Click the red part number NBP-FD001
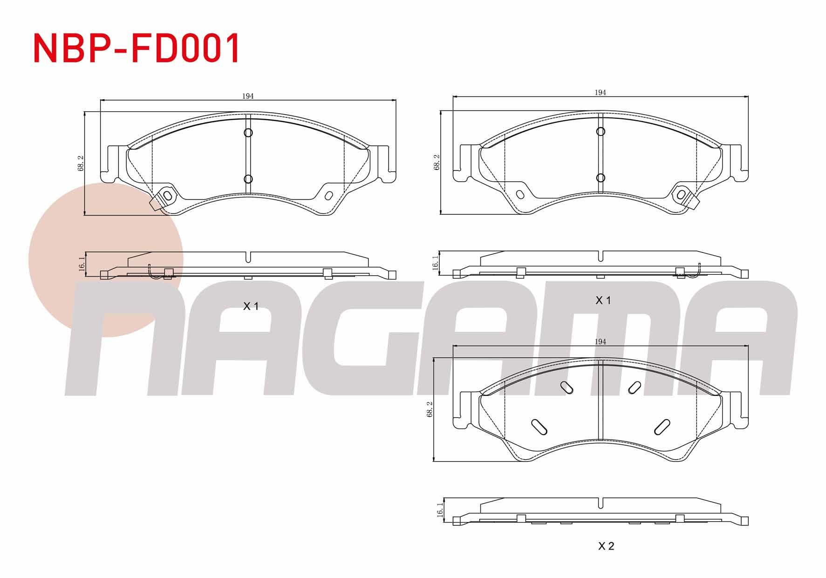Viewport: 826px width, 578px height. coord(137,48)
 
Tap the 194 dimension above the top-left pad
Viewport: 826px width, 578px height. coord(248,96)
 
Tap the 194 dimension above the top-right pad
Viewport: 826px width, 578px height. coord(600,93)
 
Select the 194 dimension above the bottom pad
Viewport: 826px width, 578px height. coord(600,342)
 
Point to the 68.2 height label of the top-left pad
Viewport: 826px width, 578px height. coord(81,163)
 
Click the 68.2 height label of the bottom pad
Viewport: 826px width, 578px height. coord(430,409)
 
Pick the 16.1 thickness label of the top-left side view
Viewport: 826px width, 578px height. coord(82,264)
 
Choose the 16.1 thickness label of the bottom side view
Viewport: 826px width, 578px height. coord(439,510)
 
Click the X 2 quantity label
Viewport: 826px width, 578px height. coord(606,546)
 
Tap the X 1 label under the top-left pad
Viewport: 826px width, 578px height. coord(251,306)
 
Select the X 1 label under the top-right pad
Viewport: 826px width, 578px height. coord(603,300)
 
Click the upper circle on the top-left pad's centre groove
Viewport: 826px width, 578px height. coord(248,133)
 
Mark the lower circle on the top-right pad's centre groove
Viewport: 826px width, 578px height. coord(601,178)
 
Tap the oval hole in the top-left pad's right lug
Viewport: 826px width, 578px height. coord(328,196)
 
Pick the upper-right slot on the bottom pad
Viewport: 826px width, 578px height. coord(634,386)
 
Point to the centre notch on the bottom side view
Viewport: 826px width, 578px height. coord(603,503)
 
